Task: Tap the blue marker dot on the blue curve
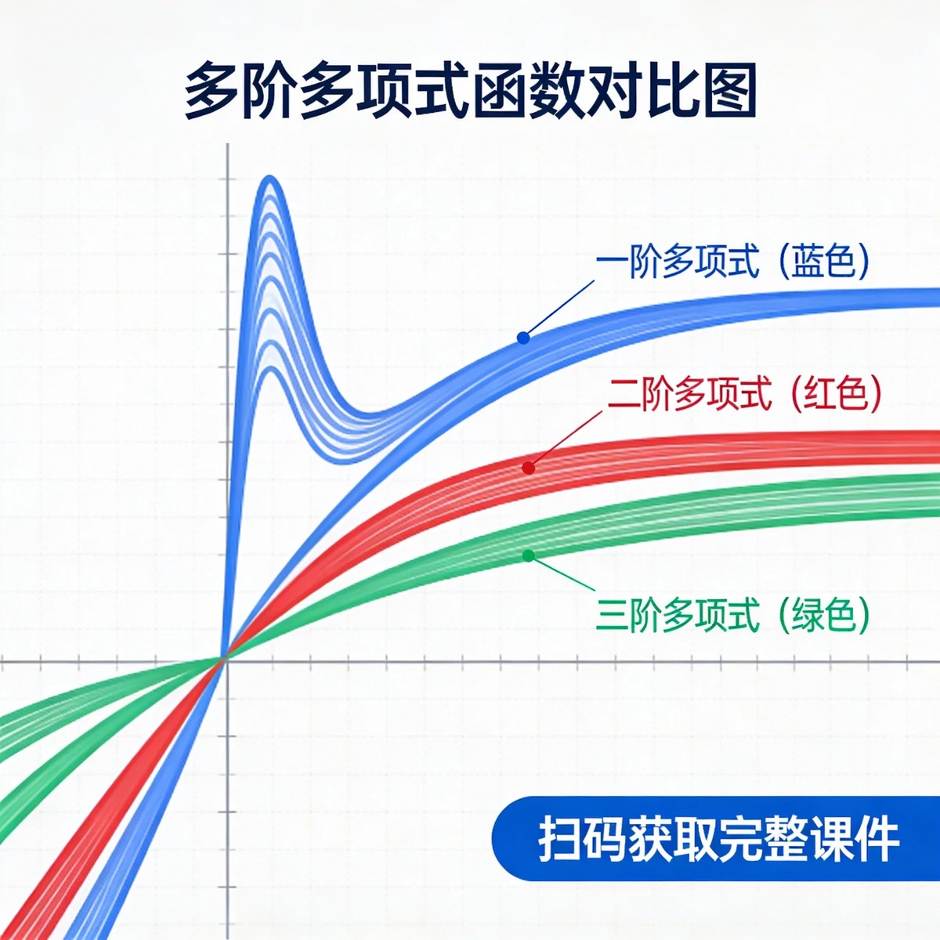click(523, 338)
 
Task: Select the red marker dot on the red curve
click(529, 468)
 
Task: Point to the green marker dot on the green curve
click(529, 555)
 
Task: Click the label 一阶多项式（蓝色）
click(732, 262)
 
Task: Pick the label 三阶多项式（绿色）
click(732, 615)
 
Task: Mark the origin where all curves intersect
click(226, 660)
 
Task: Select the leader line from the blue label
click(560, 308)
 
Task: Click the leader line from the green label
click(562, 577)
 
